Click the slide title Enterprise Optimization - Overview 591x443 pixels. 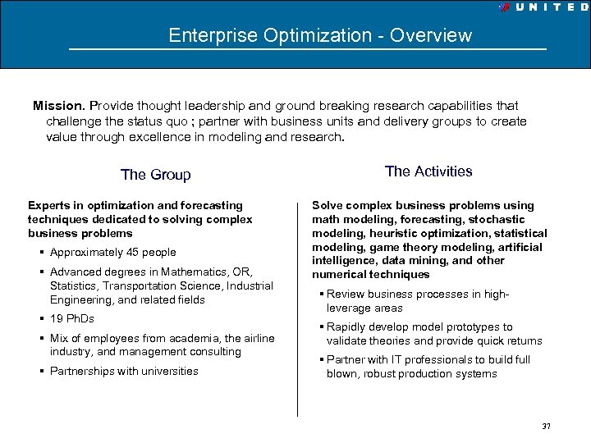pyautogui.click(x=320, y=35)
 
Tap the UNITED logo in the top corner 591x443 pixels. pyautogui.click(x=543, y=7)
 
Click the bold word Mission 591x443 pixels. pyautogui.click(x=58, y=106)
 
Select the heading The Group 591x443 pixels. pyautogui.click(x=155, y=175)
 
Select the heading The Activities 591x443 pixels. pyautogui.click(x=428, y=171)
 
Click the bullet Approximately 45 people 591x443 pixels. pyautogui.click(x=112, y=253)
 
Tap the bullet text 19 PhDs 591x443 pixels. pyautogui.click(x=72, y=319)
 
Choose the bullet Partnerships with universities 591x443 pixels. pyautogui.click(x=124, y=372)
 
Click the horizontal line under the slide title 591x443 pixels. pyautogui.click(x=308, y=50)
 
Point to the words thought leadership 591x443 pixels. pyautogui.click(x=171, y=106)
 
